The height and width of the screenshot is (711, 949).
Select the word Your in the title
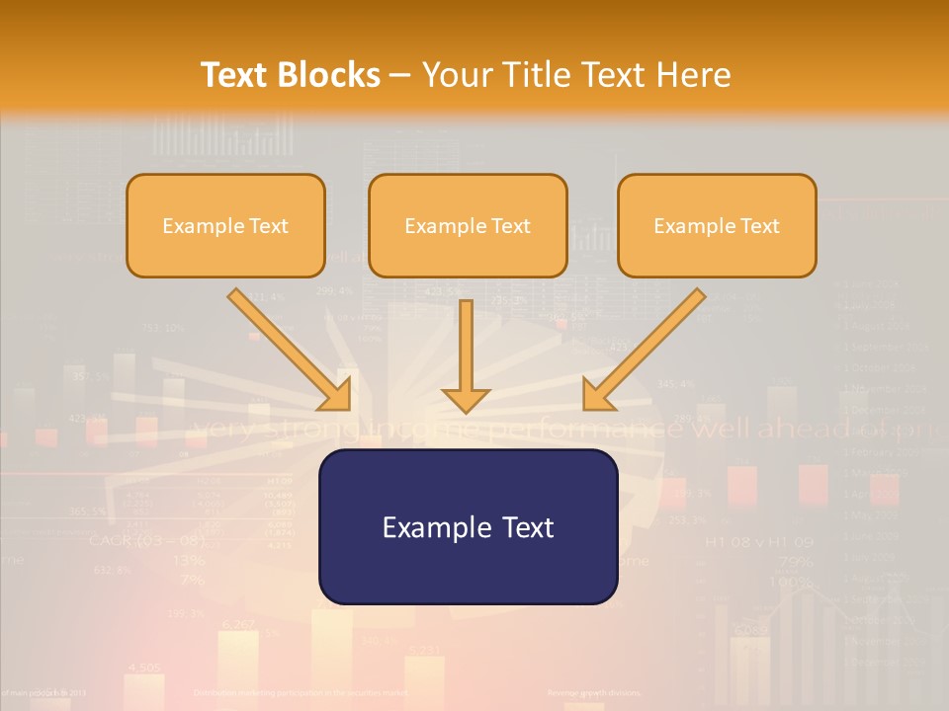click(x=458, y=75)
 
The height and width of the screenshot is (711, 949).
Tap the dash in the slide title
click(x=401, y=76)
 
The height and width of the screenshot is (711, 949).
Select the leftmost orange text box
click(x=225, y=225)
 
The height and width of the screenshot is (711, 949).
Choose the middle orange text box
click(x=468, y=225)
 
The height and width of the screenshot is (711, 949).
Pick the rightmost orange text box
click(x=717, y=225)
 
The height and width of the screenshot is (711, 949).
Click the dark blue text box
click(x=468, y=526)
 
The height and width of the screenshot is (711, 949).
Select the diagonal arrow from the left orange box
click(x=290, y=349)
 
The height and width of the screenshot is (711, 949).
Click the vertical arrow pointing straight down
click(x=466, y=355)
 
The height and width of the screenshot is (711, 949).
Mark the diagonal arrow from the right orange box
click(x=644, y=349)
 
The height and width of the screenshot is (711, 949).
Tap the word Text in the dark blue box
click(x=530, y=527)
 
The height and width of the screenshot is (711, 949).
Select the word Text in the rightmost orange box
click(x=761, y=226)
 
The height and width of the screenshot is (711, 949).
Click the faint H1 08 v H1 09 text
click(x=758, y=542)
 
